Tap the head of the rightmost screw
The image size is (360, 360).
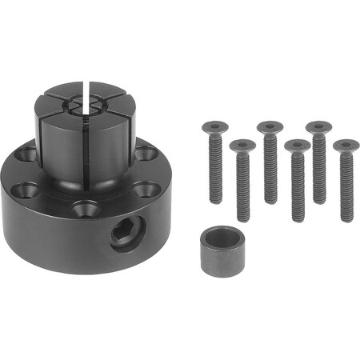[346, 146]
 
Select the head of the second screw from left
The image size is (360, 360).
[242, 146]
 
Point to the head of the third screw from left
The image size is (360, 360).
[270, 126]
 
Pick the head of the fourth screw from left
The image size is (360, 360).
[297, 146]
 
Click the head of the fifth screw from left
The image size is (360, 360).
[318, 126]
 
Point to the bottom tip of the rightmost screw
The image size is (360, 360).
[346, 219]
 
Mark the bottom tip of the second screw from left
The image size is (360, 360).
[243, 219]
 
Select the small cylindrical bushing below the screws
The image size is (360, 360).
[222, 250]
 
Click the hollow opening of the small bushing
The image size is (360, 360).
[222, 238]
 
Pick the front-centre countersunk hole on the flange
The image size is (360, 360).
[86, 210]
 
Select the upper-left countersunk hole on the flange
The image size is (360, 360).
[26, 154]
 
